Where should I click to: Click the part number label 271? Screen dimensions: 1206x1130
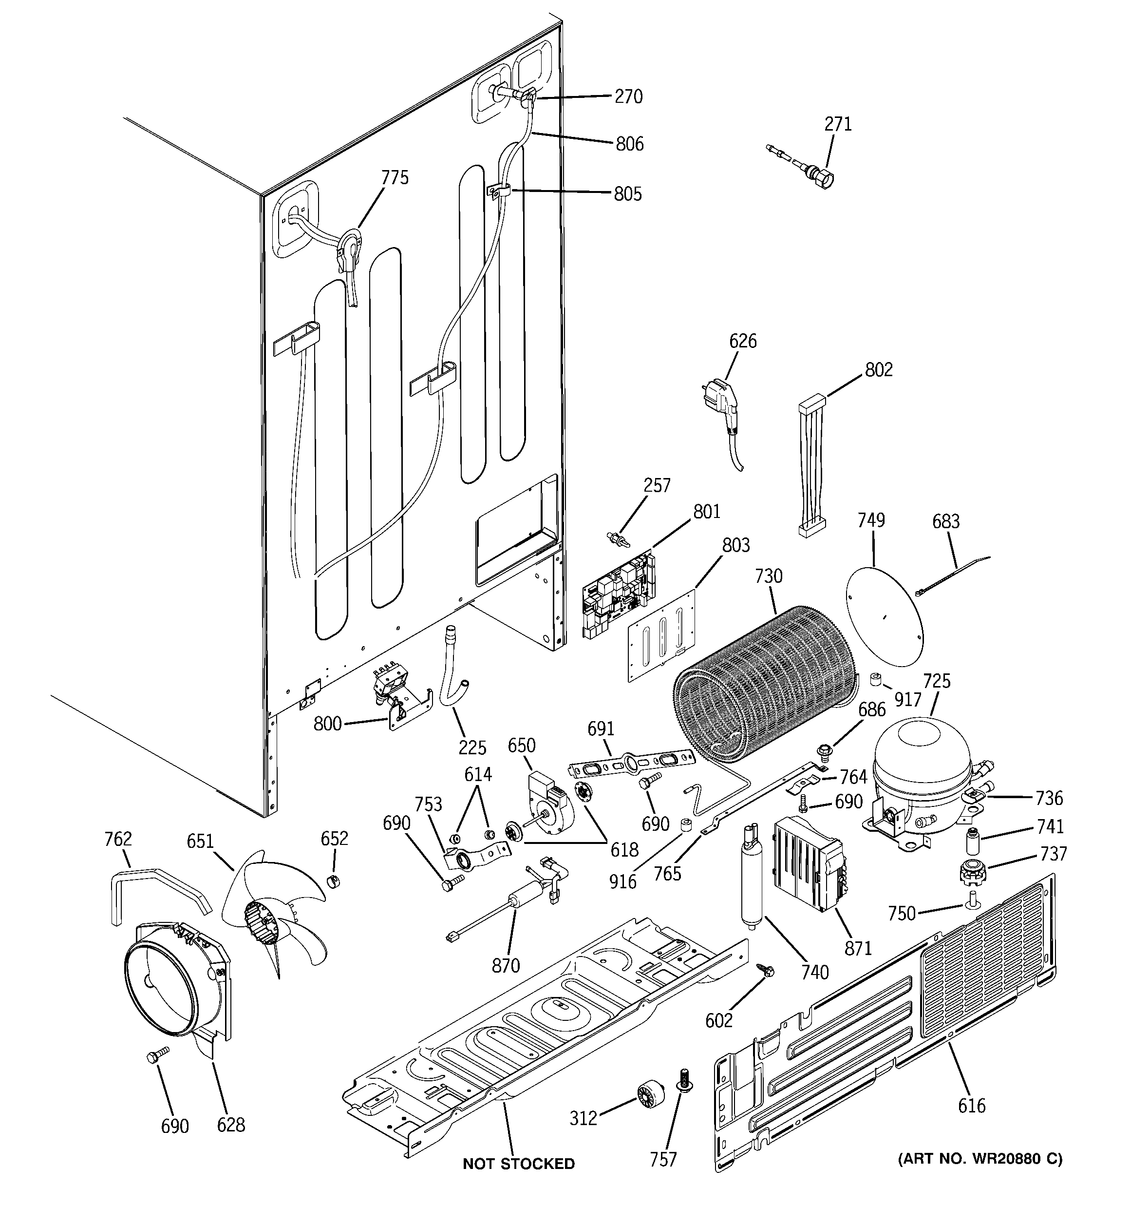point(838,124)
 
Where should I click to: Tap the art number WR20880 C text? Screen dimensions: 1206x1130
point(980,1159)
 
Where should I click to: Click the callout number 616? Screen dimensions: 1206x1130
point(972,1106)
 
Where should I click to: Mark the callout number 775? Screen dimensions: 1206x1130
point(395,178)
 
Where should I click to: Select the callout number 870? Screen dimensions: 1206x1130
point(506,965)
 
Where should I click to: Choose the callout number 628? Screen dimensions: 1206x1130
point(231,1125)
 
